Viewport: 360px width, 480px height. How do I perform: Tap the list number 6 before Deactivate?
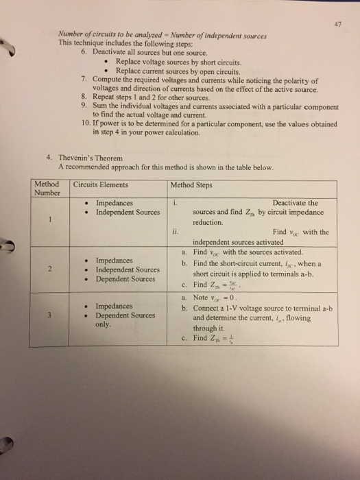click(84, 51)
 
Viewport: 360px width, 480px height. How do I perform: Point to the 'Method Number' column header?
click(46, 189)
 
